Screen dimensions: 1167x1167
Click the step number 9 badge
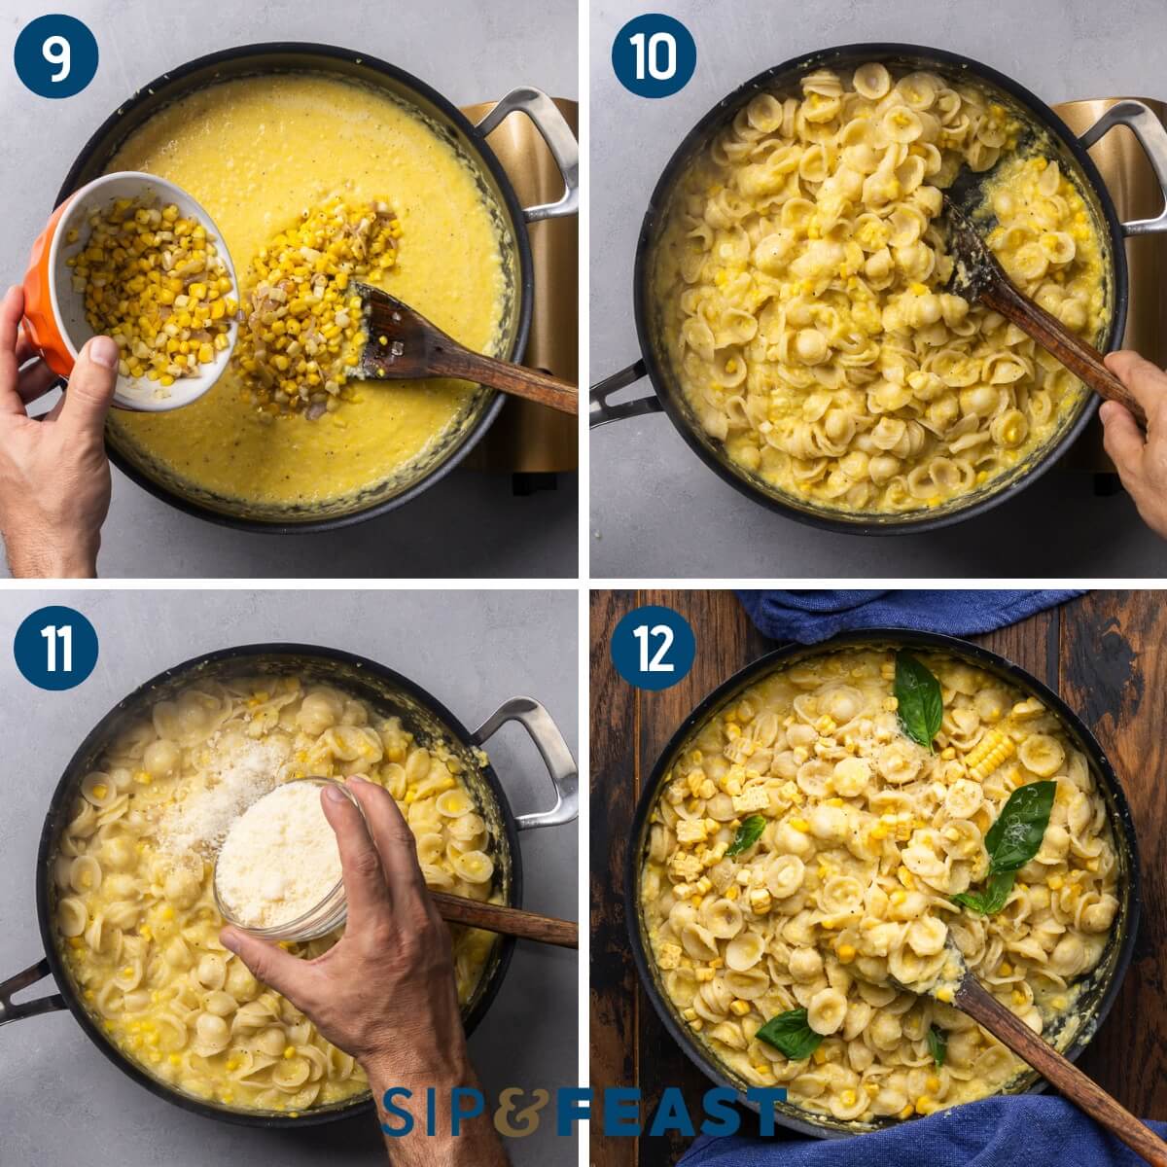pos(55,55)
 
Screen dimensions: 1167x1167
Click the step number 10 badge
pos(654,55)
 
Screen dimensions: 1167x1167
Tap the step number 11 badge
pos(55,648)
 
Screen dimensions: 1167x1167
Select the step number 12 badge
pos(654,648)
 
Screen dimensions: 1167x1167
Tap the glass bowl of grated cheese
pos(279,861)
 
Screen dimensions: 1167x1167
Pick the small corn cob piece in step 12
pos(989,753)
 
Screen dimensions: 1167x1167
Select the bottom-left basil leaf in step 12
pos(789,1033)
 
